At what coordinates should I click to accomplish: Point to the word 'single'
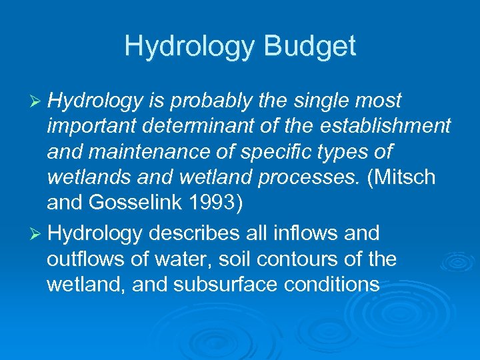pyautogui.click(x=323, y=101)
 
